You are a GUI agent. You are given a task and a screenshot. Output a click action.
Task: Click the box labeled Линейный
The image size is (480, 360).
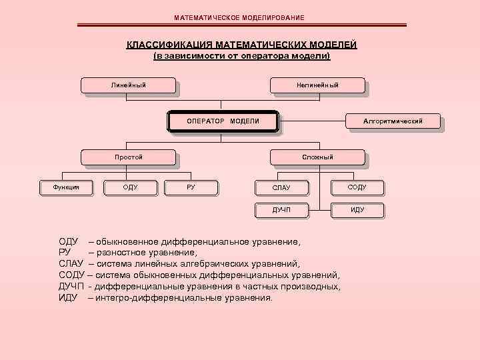[x=129, y=85]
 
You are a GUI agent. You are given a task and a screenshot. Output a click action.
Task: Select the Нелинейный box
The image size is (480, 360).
[x=317, y=85]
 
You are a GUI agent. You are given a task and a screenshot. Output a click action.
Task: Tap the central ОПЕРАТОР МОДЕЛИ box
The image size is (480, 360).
[x=223, y=121]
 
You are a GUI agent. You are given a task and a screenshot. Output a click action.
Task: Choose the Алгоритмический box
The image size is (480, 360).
[x=393, y=121]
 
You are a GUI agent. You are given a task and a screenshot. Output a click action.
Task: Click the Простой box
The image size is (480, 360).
[x=129, y=157]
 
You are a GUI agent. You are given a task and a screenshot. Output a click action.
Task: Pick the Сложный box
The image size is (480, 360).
[x=317, y=157]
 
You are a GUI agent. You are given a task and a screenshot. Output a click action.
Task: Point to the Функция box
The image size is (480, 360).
[x=66, y=187]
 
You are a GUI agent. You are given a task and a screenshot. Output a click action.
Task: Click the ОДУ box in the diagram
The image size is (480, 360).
[x=131, y=187]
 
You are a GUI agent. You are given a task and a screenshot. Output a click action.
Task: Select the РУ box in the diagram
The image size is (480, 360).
[x=191, y=187]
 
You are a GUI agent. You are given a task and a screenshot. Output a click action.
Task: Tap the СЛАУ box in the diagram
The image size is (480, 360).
[x=281, y=188]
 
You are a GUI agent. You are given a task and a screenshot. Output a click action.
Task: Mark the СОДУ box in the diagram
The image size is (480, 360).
[x=357, y=188]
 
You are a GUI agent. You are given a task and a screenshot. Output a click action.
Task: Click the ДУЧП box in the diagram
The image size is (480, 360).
[x=281, y=210]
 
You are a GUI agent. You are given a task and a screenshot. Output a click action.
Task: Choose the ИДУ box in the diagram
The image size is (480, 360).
[x=357, y=210]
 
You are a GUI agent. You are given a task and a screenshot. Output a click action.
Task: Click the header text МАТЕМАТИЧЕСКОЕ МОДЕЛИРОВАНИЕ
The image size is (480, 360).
[x=239, y=17]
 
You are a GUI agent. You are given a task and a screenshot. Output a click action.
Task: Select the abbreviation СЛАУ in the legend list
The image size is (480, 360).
[x=71, y=263]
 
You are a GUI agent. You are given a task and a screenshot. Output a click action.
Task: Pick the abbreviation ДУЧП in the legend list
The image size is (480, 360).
[x=71, y=286]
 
